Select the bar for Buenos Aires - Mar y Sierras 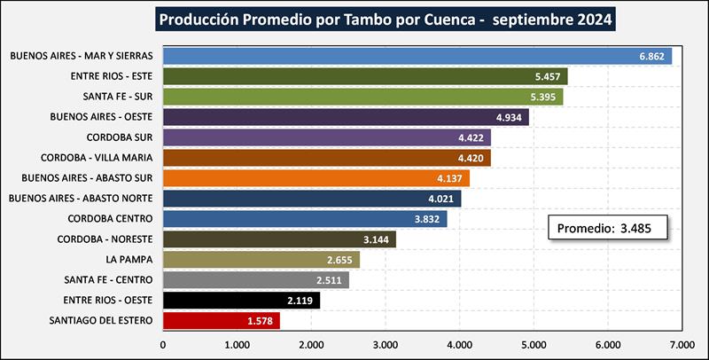click(417, 56)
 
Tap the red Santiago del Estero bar click(222, 320)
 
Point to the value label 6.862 click(652, 56)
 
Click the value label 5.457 click(548, 76)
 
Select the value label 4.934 click(510, 117)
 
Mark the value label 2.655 click(341, 260)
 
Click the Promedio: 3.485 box click(606, 229)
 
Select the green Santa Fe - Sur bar click(363, 97)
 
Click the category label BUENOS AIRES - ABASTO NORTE click(81, 199)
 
